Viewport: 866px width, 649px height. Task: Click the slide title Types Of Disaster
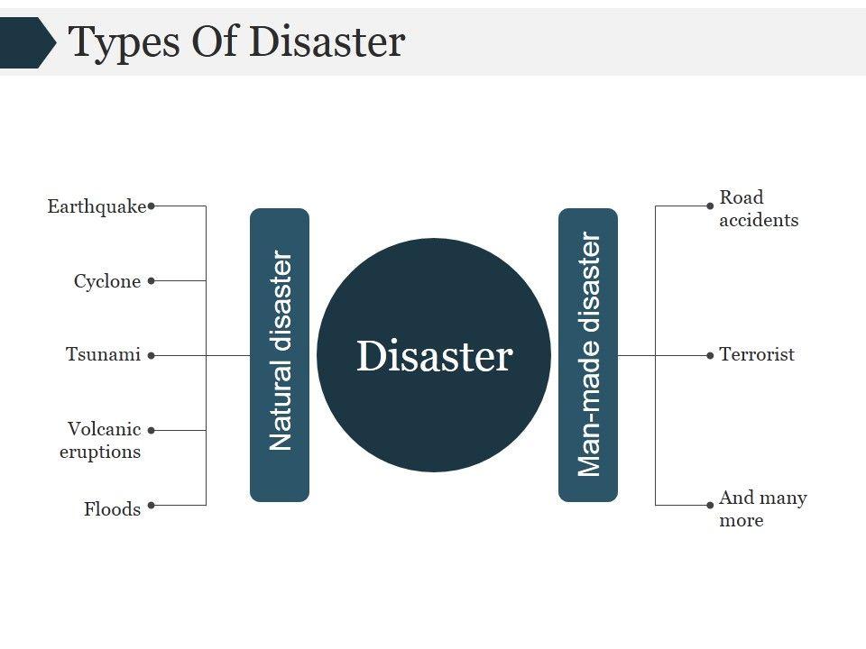point(237,42)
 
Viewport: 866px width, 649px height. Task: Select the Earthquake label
point(97,206)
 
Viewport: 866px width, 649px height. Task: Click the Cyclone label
point(107,281)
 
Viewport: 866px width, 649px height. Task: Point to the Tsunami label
point(103,354)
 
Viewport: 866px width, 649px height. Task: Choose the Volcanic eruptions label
point(101,440)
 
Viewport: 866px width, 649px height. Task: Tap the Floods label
point(113,509)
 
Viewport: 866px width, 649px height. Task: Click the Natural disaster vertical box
point(280,354)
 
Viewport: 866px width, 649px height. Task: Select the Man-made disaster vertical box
point(588,354)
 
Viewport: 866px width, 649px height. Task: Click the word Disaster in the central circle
point(434,356)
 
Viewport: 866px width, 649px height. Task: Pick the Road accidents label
point(758,208)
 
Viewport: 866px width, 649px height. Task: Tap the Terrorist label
point(757,354)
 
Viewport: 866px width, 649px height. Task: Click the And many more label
point(762,508)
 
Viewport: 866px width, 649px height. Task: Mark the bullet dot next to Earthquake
point(152,206)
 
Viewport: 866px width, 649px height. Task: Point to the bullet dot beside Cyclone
point(152,280)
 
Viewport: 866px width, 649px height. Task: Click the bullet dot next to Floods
point(152,505)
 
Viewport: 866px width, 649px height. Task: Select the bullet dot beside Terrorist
point(710,355)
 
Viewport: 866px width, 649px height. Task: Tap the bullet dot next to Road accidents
point(710,206)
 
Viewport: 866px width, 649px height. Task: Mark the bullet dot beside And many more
point(710,505)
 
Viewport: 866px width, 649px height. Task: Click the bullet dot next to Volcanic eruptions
point(152,430)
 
